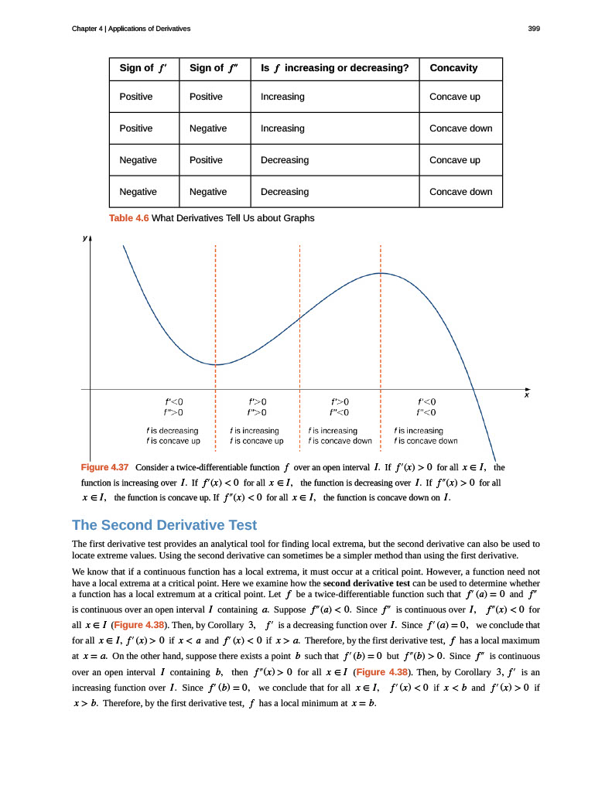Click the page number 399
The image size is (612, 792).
(533, 29)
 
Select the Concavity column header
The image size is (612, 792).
(453, 68)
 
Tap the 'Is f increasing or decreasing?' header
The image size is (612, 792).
(335, 68)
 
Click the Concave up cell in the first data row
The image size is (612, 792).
(455, 97)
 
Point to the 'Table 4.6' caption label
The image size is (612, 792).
(129, 218)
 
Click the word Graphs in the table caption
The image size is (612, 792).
(298, 218)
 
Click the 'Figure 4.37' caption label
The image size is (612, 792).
(104, 468)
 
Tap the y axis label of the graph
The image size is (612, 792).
(84, 238)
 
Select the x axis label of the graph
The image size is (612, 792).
(526, 395)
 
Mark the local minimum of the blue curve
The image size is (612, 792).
(216, 364)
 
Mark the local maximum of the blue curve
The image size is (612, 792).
(381, 272)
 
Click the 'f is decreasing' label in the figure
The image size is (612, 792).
(173, 430)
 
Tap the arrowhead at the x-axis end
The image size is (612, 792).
(528, 389)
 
